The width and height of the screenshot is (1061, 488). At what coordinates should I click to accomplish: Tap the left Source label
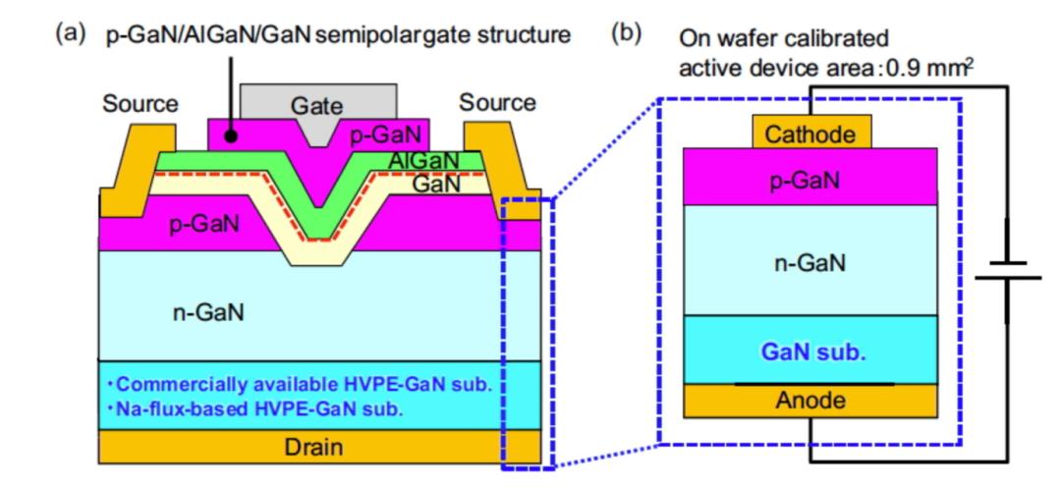[140, 103]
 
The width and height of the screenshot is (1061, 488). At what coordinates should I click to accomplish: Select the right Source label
[498, 102]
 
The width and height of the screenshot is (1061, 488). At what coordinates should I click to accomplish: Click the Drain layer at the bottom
[319, 448]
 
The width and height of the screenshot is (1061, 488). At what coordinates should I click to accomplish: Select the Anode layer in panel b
[810, 401]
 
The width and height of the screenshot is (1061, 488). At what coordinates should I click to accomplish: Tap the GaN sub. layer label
[810, 351]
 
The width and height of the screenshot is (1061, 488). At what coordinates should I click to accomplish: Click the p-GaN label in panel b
[810, 182]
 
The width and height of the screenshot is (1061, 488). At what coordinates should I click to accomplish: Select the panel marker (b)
[626, 33]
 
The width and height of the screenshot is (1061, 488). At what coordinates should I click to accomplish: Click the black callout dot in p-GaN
[230, 136]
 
